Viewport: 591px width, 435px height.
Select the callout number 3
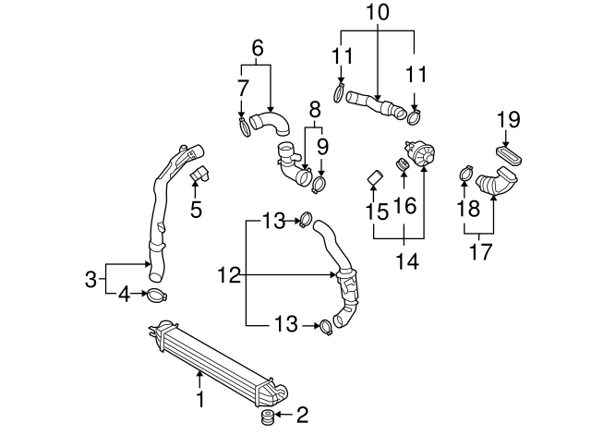[90, 279]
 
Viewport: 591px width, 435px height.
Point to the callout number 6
[257, 47]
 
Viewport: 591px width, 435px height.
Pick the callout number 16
[404, 204]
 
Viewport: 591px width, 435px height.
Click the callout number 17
[480, 249]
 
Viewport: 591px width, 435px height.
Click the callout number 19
[509, 119]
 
